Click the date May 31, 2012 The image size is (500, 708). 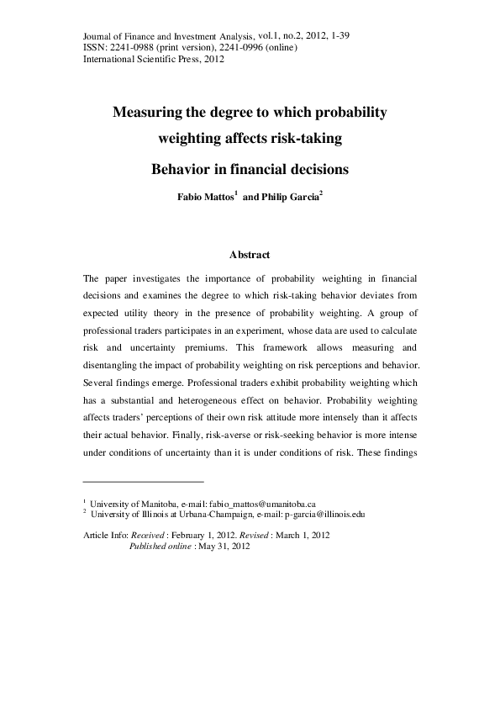click(232, 545)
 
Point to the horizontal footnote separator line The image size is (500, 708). click(144, 482)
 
